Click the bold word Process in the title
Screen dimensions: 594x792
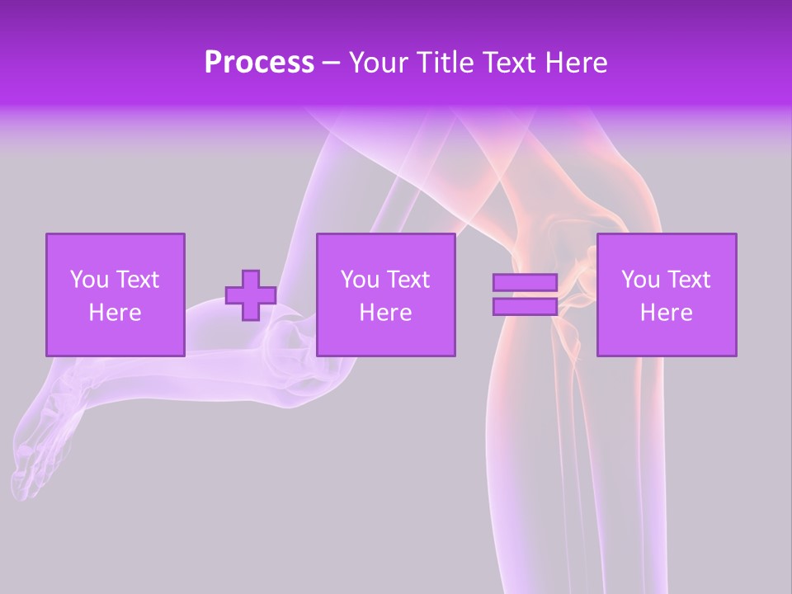coord(259,63)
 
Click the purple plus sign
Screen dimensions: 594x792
coord(251,295)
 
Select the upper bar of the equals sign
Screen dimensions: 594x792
coord(525,282)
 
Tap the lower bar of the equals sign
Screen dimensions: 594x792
coord(525,307)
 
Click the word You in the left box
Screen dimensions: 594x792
coord(87,280)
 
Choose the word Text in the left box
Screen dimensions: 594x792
coord(136,280)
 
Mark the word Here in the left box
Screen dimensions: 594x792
coord(115,313)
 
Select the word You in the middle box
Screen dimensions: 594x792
coord(359,280)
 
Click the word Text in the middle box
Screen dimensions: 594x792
coord(408,280)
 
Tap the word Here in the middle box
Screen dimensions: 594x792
coord(385,313)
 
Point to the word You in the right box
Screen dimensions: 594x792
coord(639,280)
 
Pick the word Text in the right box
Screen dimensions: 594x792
coord(688,280)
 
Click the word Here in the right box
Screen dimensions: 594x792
coord(666,313)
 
